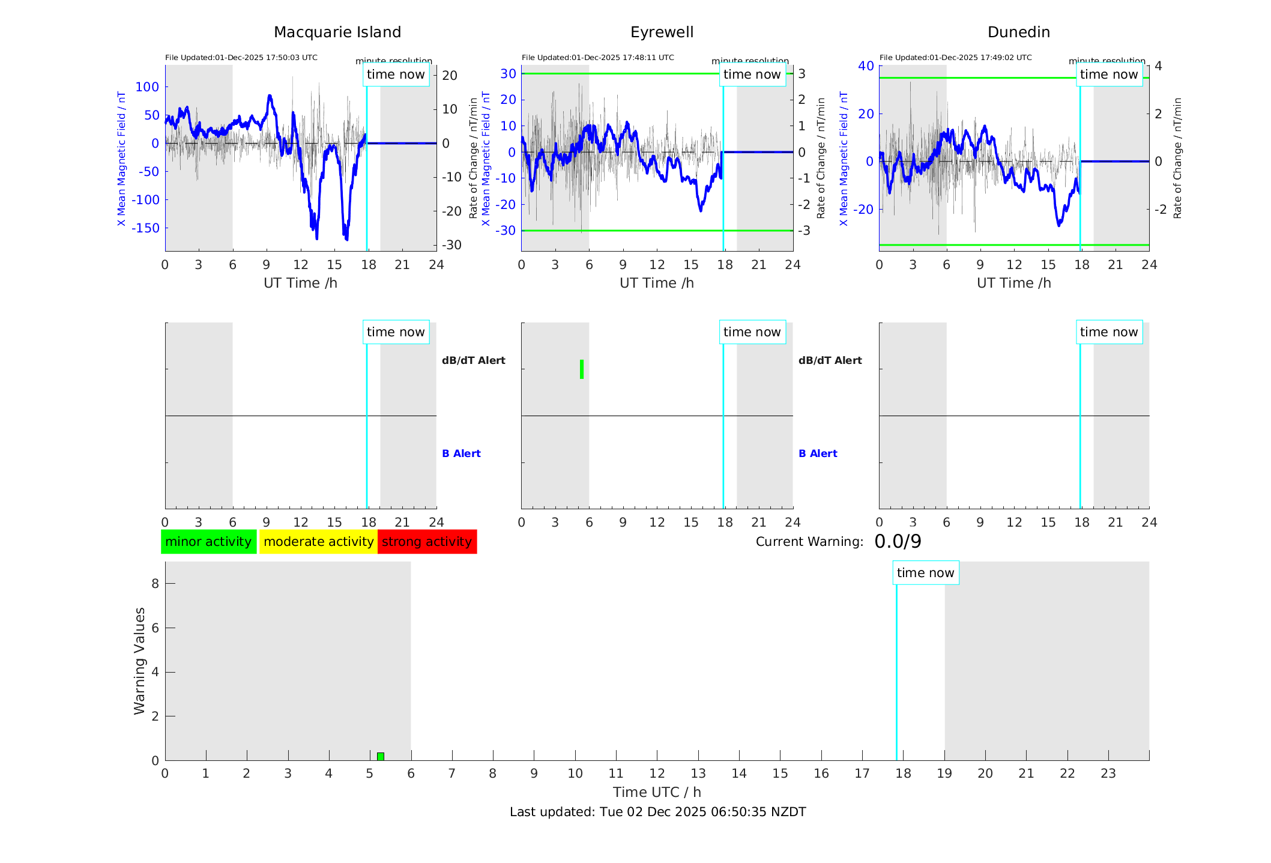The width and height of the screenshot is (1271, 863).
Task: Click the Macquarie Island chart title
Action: pyautogui.click(x=337, y=32)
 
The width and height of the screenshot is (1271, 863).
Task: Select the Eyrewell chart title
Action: pyautogui.click(x=662, y=32)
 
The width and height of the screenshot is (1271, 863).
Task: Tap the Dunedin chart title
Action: pyautogui.click(x=1018, y=32)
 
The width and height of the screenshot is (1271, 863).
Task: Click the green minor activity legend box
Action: pyautogui.click(x=208, y=542)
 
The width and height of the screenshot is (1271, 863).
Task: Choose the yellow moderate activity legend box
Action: pyautogui.click(x=318, y=542)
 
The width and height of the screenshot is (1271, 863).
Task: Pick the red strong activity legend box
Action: pyautogui.click(x=427, y=542)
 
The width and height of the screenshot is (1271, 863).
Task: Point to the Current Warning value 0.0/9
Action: pyautogui.click(x=898, y=542)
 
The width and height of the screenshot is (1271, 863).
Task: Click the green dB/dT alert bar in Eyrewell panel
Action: pyautogui.click(x=582, y=369)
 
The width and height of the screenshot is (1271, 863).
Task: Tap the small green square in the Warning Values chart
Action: pyautogui.click(x=381, y=756)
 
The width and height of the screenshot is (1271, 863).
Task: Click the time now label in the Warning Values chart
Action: pyautogui.click(x=925, y=573)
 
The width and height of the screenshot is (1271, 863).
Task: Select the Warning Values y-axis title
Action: pyautogui.click(x=140, y=661)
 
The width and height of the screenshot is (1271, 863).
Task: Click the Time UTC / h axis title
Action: pyautogui.click(x=657, y=792)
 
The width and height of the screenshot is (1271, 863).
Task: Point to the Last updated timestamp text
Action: pyautogui.click(x=657, y=812)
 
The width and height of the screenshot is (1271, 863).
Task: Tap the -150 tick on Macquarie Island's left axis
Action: pyautogui.click(x=146, y=228)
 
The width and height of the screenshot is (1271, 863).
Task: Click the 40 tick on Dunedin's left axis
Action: pyautogui.click(x=866, y=65)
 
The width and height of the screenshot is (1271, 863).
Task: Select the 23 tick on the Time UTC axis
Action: pyautogui.click(x=1108, y=774)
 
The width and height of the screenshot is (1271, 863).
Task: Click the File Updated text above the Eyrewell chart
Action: pyautogui.click(x=597, y=58)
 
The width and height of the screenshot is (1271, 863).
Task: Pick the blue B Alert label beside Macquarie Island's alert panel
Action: pyautogui.click(x=461, y=453)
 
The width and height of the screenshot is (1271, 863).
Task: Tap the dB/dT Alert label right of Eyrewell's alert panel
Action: pyautogui.click(x=830, y=360)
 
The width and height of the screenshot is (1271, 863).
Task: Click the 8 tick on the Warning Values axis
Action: pyautogui.click(x=155, y=584)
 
